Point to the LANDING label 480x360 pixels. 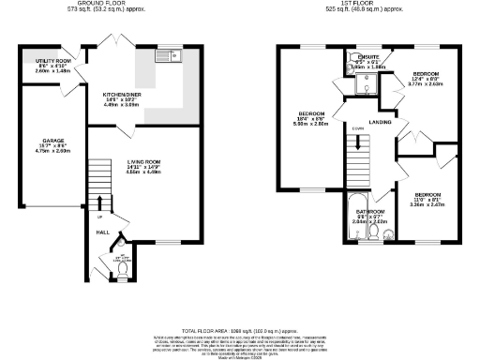(381, 122)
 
